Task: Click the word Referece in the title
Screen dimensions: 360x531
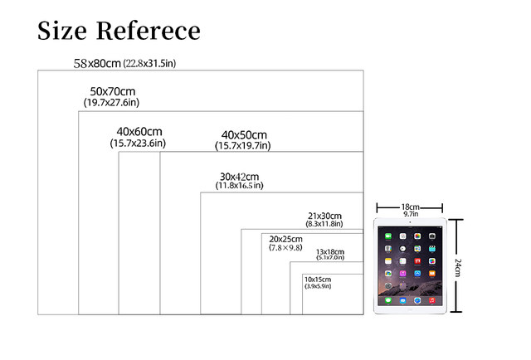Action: [148, 31]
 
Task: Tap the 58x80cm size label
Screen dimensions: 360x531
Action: [97, 63]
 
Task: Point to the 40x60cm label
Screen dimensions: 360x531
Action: [139, 132]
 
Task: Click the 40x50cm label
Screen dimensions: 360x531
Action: [244, 135]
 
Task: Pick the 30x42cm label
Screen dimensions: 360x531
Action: [239, 176]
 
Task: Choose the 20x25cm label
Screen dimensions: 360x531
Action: [287, 239]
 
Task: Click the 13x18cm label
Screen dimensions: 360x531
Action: [329, 251]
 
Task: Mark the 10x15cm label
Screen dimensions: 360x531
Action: [318, 279]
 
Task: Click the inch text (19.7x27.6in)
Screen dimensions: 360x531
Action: [115, 102]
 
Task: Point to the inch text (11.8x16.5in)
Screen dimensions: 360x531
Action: [239, 186]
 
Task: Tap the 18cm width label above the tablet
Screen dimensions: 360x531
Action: [409, 207]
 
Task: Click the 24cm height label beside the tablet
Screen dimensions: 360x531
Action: [457, 267]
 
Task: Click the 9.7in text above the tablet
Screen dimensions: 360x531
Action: [409, 214]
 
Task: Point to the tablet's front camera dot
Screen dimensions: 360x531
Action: [410, 225]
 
